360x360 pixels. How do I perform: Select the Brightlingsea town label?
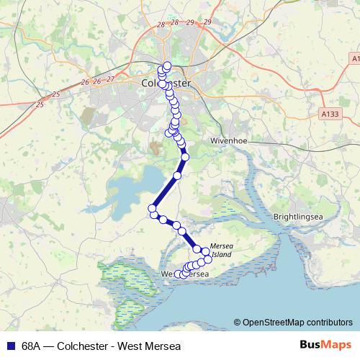(x=296, y=216)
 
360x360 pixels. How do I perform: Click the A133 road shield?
(x=328, y=113)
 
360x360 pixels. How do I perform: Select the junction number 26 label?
(x=86, y=82)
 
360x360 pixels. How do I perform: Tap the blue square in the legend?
(x=10, y=346)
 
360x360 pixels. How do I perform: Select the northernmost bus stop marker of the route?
(x=167, y=66)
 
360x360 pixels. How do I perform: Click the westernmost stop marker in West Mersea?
(x=179, y=274)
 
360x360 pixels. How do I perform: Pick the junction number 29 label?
(x=207, y=23)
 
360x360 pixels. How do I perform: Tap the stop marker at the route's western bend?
(x=153, y=209)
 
